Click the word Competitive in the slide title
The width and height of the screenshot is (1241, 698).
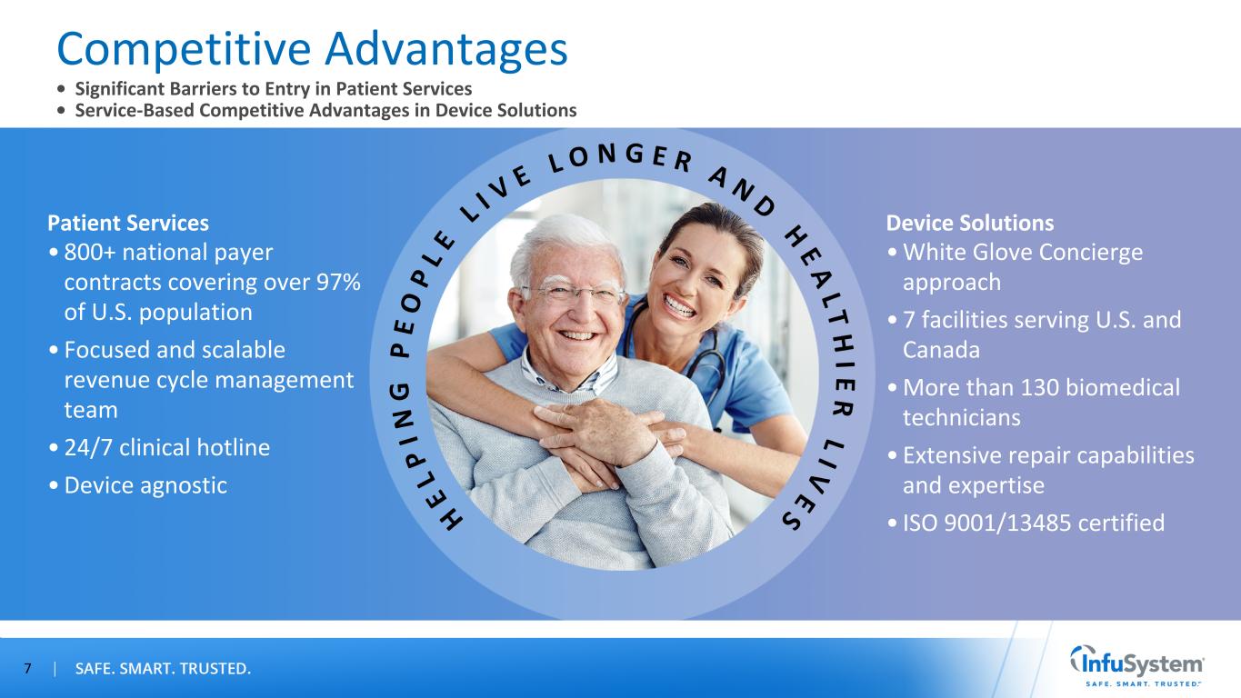click(185, 50)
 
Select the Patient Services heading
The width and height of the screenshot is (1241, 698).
click(128, 223)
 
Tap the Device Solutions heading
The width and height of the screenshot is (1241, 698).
click(969, 223)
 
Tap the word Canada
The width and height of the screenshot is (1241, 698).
click(941, 350)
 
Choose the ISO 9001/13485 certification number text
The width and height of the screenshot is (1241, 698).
click(1033, 523)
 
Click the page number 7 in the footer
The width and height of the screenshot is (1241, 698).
click(27, 668)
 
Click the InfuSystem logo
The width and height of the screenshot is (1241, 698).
click(1136, 665)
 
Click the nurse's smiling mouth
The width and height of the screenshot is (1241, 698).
click(679, 305)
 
